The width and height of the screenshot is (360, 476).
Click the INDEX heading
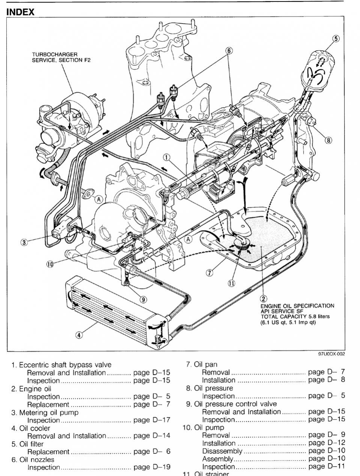[21, 12]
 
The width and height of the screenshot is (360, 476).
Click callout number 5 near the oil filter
[336, 38]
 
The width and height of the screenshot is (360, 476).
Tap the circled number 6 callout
[229, 50]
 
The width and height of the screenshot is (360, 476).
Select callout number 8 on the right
[329, 140]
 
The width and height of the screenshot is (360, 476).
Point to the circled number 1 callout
[167, 157]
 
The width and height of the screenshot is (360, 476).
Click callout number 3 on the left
[24, 242]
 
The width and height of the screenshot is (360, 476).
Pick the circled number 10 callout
[50, 264]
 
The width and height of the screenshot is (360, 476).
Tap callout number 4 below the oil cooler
[79, 335]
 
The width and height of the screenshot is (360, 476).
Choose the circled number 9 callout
[143, 299]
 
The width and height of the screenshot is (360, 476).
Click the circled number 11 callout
[231, 283]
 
